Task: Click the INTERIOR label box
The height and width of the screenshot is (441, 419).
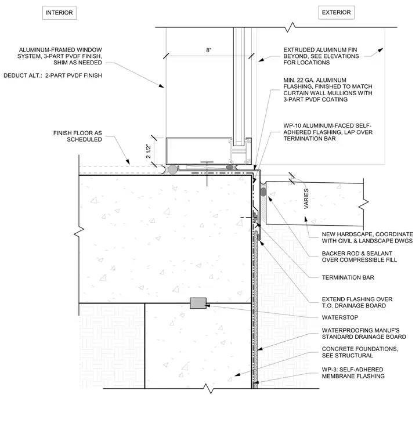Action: (x=59, y=13)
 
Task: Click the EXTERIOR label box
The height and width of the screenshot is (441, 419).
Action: (x=337, y=12)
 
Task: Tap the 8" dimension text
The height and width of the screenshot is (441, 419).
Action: (x=209, y=50)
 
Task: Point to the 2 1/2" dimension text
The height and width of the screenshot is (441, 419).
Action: (x=149, y=151)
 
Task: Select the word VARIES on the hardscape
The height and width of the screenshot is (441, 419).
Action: (x=306, y=198)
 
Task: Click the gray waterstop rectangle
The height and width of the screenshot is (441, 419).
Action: (x=198, y=303)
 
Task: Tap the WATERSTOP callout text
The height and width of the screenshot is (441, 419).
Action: (x=340, y=317)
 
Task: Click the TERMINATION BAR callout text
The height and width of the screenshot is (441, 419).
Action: (x=348, y=277)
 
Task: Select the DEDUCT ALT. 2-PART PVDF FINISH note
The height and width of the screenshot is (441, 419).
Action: (x=53, y=75)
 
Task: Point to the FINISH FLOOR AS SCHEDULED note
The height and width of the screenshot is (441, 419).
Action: (x=78, y=136)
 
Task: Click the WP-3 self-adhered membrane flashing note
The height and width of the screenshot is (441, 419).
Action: (x=353, y=373)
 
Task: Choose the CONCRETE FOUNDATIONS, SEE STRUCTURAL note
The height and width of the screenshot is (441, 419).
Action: (x=360, y=352)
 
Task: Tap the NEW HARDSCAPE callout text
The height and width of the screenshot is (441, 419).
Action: (x=367, y=237)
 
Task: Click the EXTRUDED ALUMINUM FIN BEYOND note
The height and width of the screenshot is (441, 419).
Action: (x=321, y=56)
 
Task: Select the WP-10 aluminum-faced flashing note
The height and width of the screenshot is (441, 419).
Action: (x=328, y=132)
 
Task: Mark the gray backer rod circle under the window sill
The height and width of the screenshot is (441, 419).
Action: (x=172, y=169)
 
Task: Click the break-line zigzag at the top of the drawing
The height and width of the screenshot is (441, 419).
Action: (x=291, y=27)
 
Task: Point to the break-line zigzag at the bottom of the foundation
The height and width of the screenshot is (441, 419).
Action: (x=210, y=389)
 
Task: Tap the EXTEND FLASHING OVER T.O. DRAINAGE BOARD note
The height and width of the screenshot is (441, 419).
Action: (x=357, y=302)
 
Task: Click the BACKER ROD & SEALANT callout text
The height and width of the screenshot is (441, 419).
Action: (x=359, y=256)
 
